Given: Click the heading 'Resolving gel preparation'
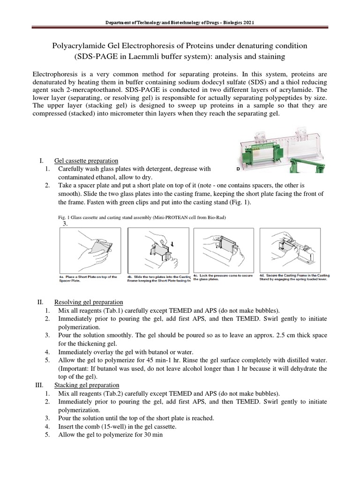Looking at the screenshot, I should tap(89, 302).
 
